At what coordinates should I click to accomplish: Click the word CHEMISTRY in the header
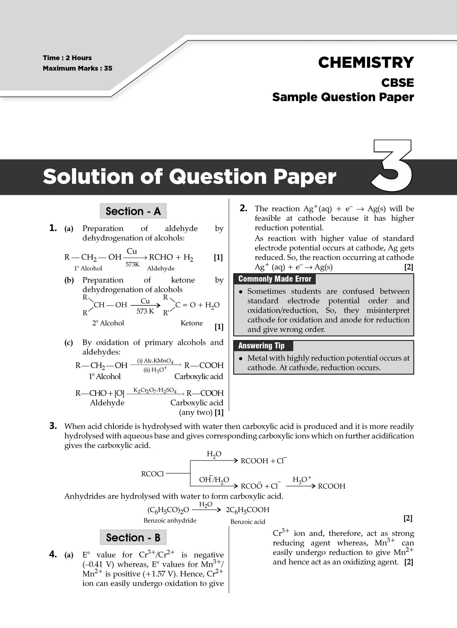[366, 62]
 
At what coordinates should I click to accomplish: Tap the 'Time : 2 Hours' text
[67, 58]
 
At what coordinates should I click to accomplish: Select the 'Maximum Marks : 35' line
[77, 69]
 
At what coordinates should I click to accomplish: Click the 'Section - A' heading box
[133, 211]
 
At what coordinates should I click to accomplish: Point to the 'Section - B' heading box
[133, 537]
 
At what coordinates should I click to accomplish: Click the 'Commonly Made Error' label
[275, 279]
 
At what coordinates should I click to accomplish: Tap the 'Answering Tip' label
[261, 346]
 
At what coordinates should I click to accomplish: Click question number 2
[243, 208]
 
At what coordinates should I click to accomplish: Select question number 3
[53, 426]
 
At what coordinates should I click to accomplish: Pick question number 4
[53, 554]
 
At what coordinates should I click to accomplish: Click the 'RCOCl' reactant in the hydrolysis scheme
[152, 474]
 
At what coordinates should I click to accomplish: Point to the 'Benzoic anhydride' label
[170, 520]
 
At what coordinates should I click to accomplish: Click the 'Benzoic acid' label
[248, 521]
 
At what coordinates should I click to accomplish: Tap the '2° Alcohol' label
[108, 323]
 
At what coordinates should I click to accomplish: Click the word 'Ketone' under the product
[192, 323]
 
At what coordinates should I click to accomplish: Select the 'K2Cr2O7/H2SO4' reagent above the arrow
[155, 391]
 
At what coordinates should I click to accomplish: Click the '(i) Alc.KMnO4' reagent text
[155, 361]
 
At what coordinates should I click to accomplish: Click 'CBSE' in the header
[398, 83]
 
